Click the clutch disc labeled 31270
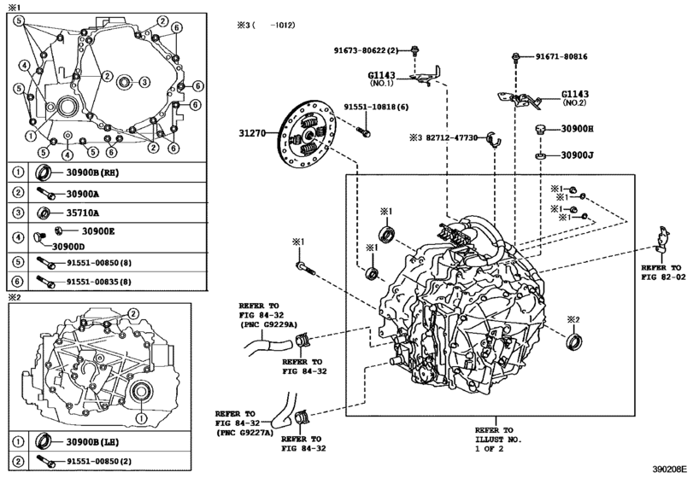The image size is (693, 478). (308, 134)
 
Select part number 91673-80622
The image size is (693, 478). (360, 50)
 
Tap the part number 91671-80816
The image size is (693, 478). (561, 56)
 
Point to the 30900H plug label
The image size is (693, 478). (577, 129)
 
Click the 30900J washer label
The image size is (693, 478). (577, 155)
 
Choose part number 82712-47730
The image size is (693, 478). (452, 137)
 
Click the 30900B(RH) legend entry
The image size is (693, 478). (92, 172)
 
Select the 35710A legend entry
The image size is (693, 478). (83, 213)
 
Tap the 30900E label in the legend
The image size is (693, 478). (98, 230)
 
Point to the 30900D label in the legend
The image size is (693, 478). (68, 247)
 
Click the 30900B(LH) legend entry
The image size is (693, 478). (92, 442)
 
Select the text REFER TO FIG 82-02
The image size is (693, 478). (663, 272)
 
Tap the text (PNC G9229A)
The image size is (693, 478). (261, 325)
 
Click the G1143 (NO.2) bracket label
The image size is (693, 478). (575, 97)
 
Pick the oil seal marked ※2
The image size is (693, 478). (574, 342)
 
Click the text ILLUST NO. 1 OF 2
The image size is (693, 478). (498, 444)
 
